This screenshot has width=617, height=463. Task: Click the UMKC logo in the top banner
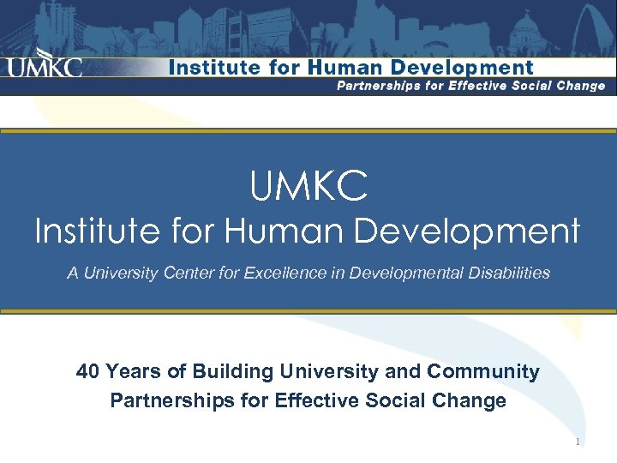click(x=45, y=66)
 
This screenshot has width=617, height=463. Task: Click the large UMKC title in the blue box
click(x=308, y=186)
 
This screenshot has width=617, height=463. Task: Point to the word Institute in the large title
click(x=95, y=231)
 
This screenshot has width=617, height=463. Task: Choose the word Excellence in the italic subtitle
click(x=283, y=274)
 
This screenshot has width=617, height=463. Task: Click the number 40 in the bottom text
click(x=87, y=371)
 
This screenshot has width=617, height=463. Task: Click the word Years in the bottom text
click(x=131, y=371)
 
